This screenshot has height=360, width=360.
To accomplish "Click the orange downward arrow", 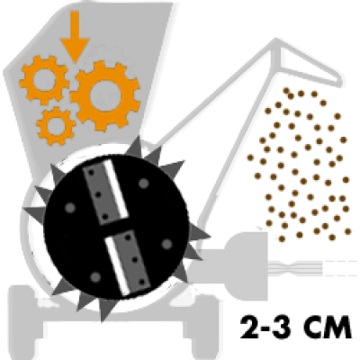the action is [x=75, y=36].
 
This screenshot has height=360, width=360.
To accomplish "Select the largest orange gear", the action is [x=105, y=95].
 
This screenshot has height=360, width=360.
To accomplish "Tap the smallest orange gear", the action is [x=56, y=126].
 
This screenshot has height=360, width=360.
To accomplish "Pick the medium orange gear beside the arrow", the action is [x=44, y=80].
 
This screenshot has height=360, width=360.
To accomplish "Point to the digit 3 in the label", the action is [x=282, y=328].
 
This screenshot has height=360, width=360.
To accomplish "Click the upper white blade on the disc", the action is [x=116, y=189].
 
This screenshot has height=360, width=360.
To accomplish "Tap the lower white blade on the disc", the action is [x=118, y=264].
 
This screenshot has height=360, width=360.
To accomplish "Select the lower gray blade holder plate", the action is [x=133, y=260].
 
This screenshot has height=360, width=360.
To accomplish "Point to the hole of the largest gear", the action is [x=105, y=95].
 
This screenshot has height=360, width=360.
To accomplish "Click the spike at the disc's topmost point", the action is [x=139, y=147].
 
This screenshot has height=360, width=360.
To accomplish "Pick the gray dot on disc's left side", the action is [x=70, y=208].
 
